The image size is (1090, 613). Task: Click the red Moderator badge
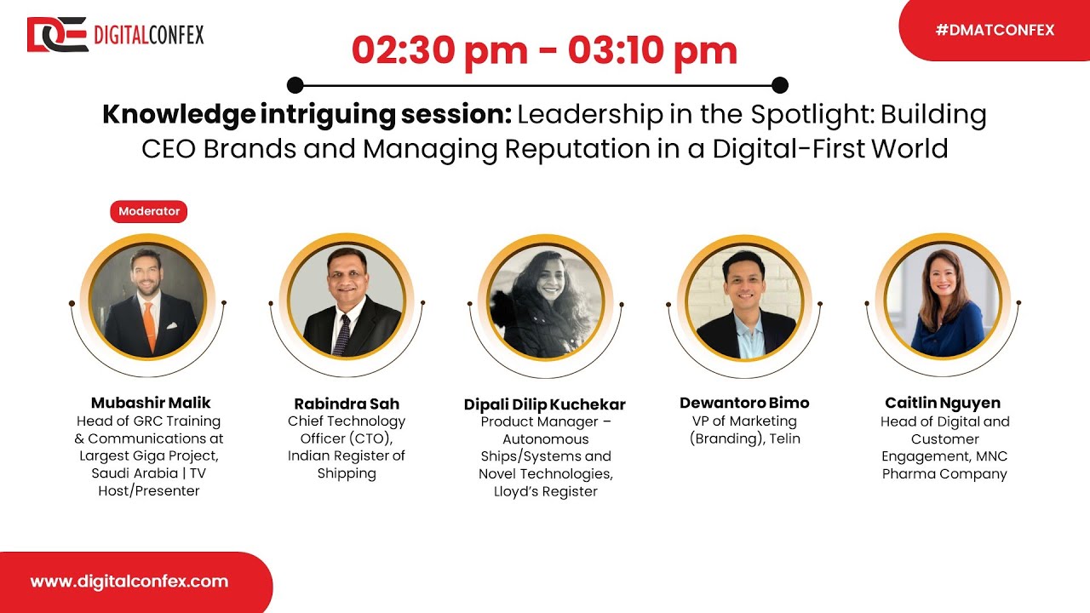tap(148, 211)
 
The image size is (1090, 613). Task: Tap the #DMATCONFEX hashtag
tap(995, 30)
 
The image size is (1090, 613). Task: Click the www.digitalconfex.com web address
tap(129, 581)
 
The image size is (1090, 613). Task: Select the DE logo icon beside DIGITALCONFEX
tap(57, 35)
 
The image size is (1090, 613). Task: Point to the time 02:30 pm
tap(439, 51)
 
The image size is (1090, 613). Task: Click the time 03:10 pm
tap(652, 51)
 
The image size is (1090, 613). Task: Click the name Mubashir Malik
tap(151, 403)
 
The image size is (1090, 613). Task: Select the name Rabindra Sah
tap(347, 404)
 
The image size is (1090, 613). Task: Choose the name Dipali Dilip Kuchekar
tap(545, 404)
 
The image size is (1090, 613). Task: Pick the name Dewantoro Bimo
tap(744, 403)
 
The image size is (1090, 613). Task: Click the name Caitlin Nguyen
tap(943, 403)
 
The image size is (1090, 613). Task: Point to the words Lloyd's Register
tap(545, 491)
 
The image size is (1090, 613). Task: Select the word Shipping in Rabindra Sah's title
tap(347, 473)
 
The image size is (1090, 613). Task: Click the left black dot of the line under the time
tap(295, 85)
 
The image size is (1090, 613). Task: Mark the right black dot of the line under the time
tap(779, 85)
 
